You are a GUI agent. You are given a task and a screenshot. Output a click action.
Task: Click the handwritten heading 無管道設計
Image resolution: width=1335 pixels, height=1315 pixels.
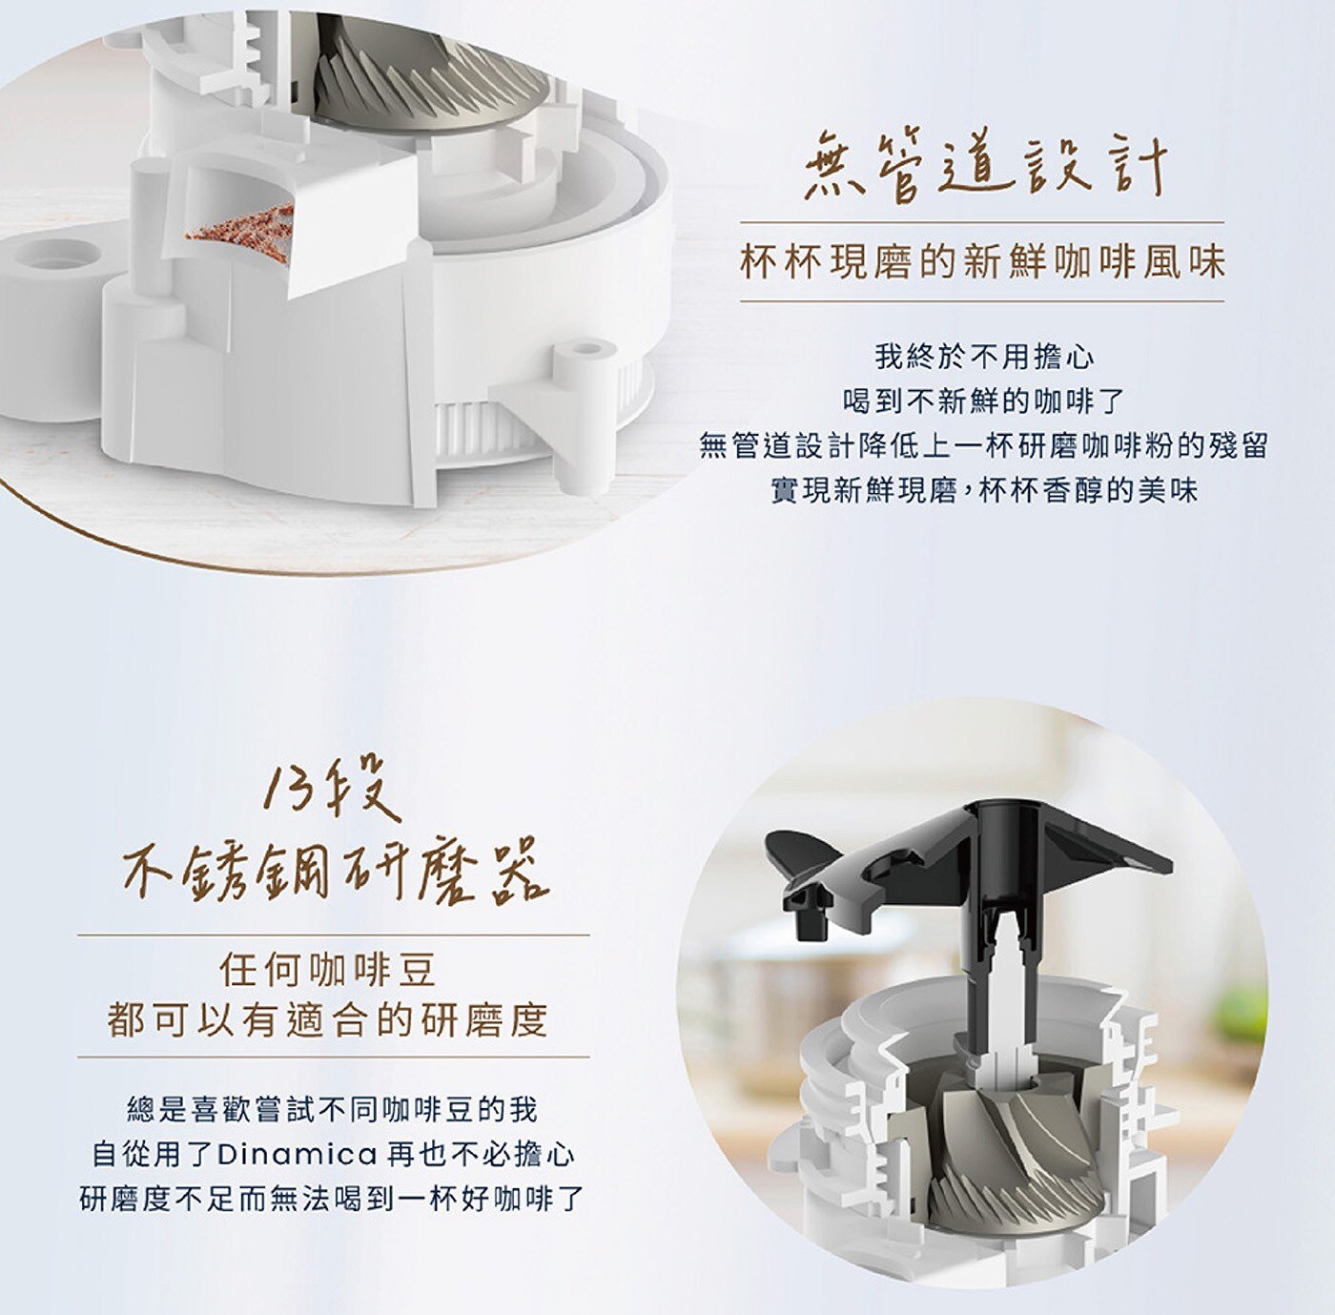(984, 169)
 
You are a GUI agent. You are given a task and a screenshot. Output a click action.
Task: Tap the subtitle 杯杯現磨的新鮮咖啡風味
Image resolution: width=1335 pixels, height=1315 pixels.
(982, 262)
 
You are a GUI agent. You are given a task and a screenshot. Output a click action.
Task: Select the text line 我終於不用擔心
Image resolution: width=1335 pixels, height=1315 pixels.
(984, 358)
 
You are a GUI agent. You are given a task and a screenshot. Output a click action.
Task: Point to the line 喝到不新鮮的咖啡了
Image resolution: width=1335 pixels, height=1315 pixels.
(984, 401)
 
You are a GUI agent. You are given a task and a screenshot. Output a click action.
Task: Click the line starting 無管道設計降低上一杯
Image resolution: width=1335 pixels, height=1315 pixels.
(984, 445)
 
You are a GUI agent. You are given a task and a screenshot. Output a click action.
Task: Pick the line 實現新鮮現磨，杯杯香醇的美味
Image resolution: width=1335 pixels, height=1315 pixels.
(984, 490)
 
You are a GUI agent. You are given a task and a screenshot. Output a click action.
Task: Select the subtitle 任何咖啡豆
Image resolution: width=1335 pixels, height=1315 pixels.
(327, 970)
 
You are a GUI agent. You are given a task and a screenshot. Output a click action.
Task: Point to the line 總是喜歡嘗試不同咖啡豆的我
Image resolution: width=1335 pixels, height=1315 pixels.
(333, 1110)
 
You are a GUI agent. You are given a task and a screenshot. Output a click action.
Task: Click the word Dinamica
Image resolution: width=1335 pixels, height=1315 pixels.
(298, 1154)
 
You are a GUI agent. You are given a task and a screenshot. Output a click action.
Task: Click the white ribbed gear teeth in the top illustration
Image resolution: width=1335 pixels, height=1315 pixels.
(478, 426)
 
